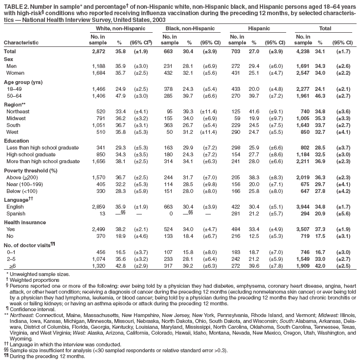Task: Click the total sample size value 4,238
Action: coord(304,51)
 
